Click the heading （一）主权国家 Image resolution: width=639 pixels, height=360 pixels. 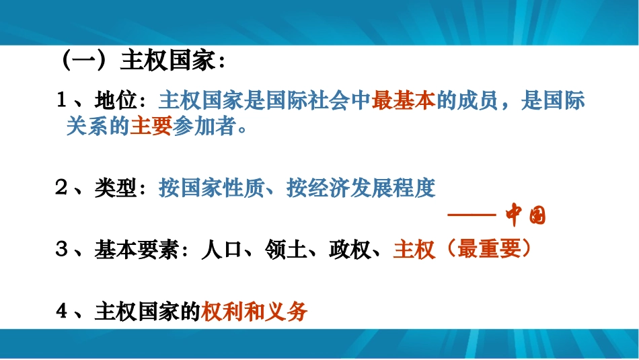140,62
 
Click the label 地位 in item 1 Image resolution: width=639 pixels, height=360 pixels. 116,101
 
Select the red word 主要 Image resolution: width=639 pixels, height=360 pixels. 151,127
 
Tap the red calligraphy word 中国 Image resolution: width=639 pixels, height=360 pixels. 526,216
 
